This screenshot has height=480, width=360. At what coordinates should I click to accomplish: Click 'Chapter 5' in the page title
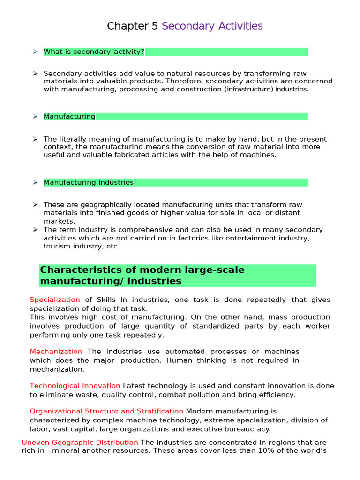tap(133, 26)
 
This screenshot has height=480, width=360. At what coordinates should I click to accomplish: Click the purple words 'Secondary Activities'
tap(212, 26)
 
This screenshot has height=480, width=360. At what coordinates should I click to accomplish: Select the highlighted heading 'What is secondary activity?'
tap(94, 52)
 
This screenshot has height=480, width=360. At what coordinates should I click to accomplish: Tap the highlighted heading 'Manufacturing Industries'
tap(89, 182)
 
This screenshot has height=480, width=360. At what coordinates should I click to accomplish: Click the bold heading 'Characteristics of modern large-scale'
tap(142, 270)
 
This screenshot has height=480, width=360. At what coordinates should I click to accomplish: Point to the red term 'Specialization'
tap(55, 300)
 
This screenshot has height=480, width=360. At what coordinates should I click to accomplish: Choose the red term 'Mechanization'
tap(56, 352)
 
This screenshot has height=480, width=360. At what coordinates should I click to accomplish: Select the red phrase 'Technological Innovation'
tap(75, 386)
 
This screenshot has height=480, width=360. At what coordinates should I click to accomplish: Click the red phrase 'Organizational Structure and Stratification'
tap(106, 411)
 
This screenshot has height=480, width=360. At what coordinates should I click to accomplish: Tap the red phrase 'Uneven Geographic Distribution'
tap(80, 442)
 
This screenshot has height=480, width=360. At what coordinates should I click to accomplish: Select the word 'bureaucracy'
tap(250, 429)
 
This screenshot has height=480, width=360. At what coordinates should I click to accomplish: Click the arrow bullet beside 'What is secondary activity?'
tap(35, 52)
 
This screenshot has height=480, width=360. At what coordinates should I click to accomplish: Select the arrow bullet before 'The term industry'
tap(35, 230)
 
